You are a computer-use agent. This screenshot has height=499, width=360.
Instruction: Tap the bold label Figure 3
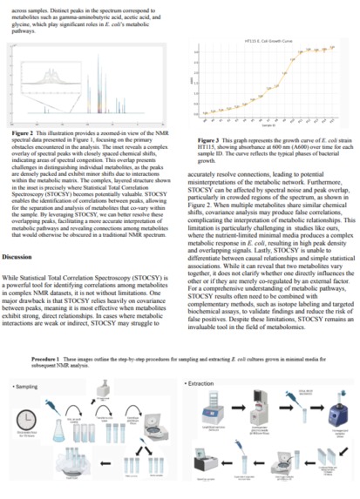209,139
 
